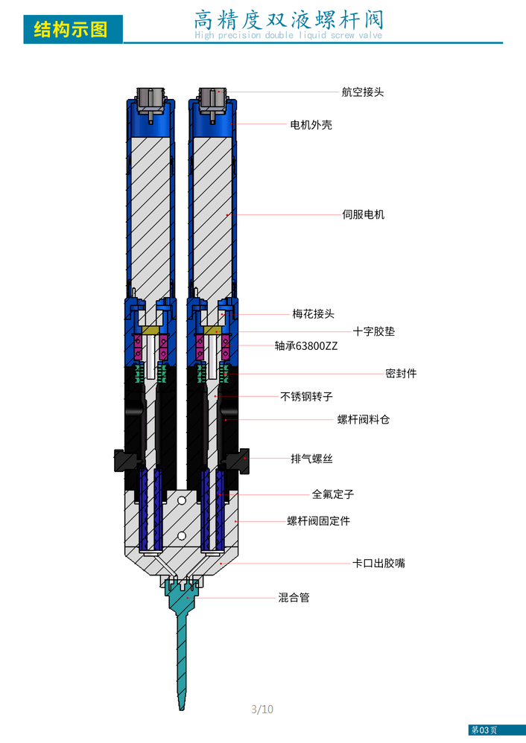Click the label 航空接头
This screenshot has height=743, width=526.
pyautogui.click(x=363, y=92)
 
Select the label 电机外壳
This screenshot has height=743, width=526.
pyautogui.click(x=311, y=124)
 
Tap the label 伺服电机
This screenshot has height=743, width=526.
pyautogui.click(x=363, y=214)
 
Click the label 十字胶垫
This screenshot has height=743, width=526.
pyautogui.click(x=373, y=331)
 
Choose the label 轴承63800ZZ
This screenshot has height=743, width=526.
pyautogui.click(x=305, y=345)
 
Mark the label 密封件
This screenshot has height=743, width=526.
pyautogui.click(x=401, y=373)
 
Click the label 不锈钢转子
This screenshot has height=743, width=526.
pyautogui.click(x=306, y=396)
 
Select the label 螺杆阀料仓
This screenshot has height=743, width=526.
pyautogui.click(x=364, y=419)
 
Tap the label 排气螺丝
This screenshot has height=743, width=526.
pyautogui.click(x=311, y=459)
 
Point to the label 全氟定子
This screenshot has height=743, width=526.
pyautogui.click(x=332, y=494)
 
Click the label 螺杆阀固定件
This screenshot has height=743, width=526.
pyautogui.click(x=318, y=521)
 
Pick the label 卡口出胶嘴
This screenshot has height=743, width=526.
pyautogui.click(x=378, y=563)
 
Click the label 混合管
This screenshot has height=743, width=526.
pyautogui.click(x=294, y=597)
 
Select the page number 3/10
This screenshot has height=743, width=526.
pyautogui.click(x=262, y=709)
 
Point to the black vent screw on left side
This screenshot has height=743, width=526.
pyautogui.click(x=118, y=460)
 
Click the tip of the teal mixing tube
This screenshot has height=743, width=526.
pyautogui.click(x=180, y=709)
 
